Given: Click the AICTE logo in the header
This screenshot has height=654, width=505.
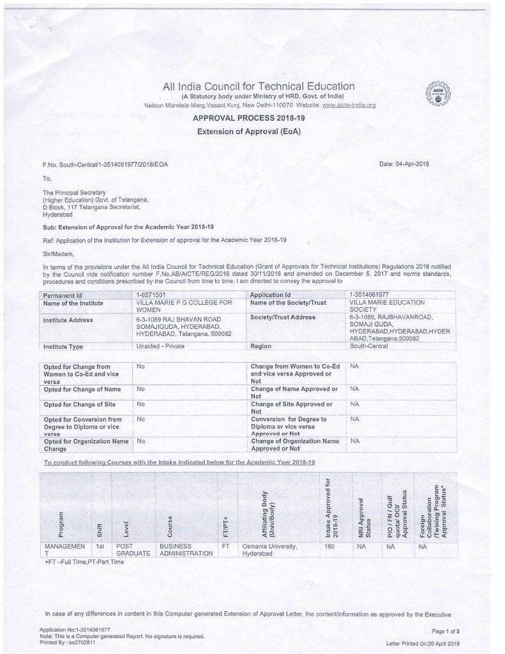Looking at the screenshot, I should [x=437, y=94].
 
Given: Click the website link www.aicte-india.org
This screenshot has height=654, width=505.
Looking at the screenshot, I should [x=349, y=105].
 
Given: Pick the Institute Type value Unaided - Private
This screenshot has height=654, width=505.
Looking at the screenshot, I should [x=160, y=346].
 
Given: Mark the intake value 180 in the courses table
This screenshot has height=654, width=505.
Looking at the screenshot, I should [x=329, y=547].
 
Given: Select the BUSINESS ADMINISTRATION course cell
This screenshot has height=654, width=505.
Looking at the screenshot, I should [x=186, y=551].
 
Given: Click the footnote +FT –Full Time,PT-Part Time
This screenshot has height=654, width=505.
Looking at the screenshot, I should [x=84, y=562].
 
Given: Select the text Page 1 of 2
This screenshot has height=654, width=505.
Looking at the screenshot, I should [x=446, y=631].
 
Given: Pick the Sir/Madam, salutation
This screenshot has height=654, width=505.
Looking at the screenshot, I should [x=58, y=254].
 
